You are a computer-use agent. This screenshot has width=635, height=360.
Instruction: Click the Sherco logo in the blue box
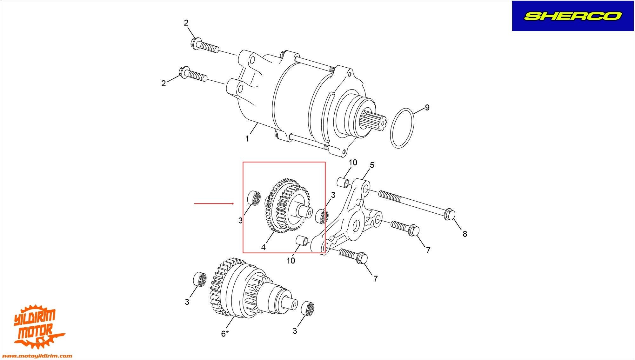click(x=572, y=16)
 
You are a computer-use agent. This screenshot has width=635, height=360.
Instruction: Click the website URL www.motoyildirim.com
click(x=38, y=356)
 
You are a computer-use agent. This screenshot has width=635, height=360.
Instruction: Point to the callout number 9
click(x=427, y=108)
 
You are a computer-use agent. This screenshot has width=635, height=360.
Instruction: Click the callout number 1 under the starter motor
click(x=247, y=139)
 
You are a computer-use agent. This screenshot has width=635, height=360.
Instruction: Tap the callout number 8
click(x=465, y=234)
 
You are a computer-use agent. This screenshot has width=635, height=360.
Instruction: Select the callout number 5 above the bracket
click(x=372, y=165)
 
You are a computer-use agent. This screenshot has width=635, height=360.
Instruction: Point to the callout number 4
click(x=263, y=247)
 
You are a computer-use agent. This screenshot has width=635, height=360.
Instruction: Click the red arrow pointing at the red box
click(x=214, y=203)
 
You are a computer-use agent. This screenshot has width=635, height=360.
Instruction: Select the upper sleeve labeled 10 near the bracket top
click(x=343, y=183)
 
